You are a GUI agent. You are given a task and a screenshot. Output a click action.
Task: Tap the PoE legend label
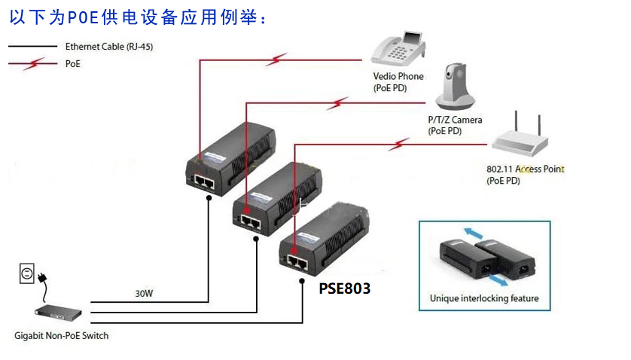73,65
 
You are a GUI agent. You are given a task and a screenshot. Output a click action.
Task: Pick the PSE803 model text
345,288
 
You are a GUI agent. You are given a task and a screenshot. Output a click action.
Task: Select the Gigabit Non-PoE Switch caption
62,335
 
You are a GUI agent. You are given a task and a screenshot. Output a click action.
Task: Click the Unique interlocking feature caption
484,298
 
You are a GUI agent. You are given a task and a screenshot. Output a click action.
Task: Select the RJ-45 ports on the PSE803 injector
297,263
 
